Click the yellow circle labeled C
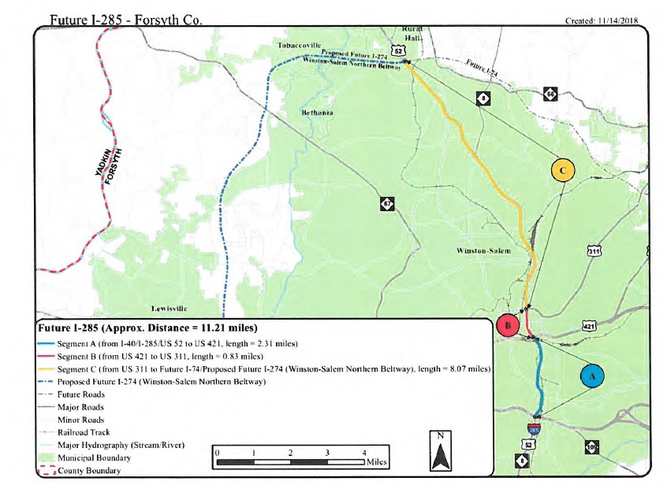click(x=562, y=170)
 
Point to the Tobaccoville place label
click(x=299, y=46)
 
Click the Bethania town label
click(x=317, y=113)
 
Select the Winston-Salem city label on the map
click(x=483, y=250)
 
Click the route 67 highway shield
click(x=387, y=204)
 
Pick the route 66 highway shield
click(x=550, y=94)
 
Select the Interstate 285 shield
click(x=535, y=428)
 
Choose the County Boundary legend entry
click(x=89, y=470)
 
